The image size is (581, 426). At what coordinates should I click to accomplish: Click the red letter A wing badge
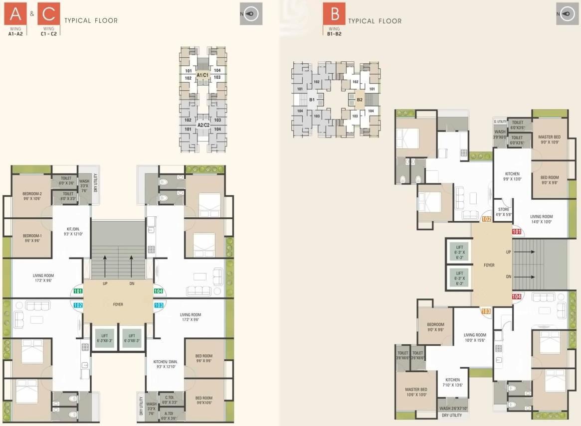(12, 13)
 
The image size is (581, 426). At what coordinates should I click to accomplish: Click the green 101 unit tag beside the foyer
(78, 291)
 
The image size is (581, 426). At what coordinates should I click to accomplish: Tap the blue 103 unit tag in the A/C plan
(159, 305)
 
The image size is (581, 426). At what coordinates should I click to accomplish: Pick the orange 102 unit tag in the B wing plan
(486, 219)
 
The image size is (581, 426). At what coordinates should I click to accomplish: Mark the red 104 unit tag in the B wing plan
(516, 296)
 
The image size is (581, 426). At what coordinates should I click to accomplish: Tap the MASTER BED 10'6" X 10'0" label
(416, 392)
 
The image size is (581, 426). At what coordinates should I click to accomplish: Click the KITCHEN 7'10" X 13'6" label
(452, 382)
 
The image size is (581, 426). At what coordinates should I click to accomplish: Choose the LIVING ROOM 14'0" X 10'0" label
(541, 219)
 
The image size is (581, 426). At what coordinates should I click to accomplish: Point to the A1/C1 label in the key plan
(202, 75)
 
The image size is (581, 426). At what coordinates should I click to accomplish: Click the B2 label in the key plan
(360, 100)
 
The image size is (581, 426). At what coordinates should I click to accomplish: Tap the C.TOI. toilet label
(169, 400)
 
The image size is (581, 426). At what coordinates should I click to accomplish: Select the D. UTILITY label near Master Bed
(500, 122)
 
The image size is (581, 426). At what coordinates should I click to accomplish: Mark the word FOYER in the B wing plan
(489, 265)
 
